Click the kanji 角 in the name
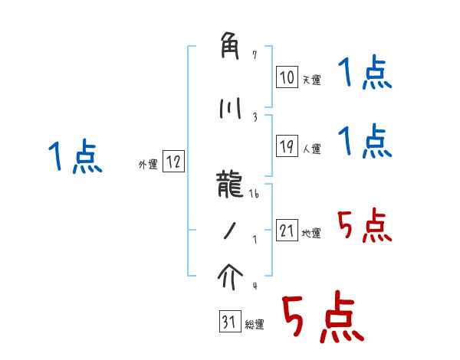pyautogui.click(x=229, y=46)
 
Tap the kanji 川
pyautogui.click(x=230, y=108)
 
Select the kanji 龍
pyautogui.click(x=229, y=184)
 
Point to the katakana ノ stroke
pyautogui.click(x=230, y=231)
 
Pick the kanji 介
pyautogui.click(x=230, y=277)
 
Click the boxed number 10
pyautogui.click(x=287, y=77)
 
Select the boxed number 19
pyautogui.click(x=287, y=146)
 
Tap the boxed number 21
pyautogui.click(x=287, y=230)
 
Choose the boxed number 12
pyautogui.click(x=173, y=161)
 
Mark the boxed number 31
pyautogui.click(x=230, y=321)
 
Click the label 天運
pyautogui.click(x=311, y=80)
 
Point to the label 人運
pyautogui.click(x=311, y=149)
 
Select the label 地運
pyautogui.click(x=311, y=234)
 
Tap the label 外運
pyautogui.click(x=148, y=165)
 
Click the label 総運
pyautogui.click(x=255, y=325)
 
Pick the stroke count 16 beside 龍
pyautogui.click(x=254, y=194)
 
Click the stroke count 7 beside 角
pyautogui.click(x=255, y=55)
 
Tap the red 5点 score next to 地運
pyautogui.click(x=364, y=225)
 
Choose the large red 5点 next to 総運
pyautogui.click(x=323, y=316)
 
